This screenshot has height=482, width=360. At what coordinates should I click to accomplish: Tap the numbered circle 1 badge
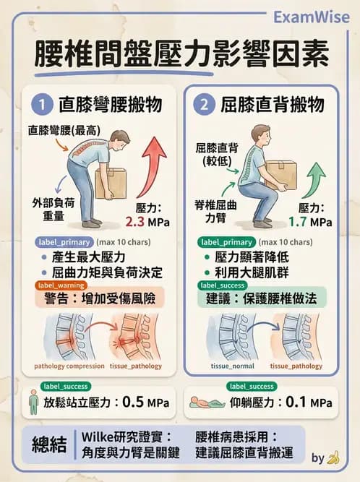44,105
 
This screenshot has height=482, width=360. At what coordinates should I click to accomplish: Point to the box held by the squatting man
280,173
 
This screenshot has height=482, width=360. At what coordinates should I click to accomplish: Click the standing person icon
33,402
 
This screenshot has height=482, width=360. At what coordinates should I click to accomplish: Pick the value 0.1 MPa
309,402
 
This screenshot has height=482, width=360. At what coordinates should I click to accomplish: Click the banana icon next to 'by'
333,457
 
